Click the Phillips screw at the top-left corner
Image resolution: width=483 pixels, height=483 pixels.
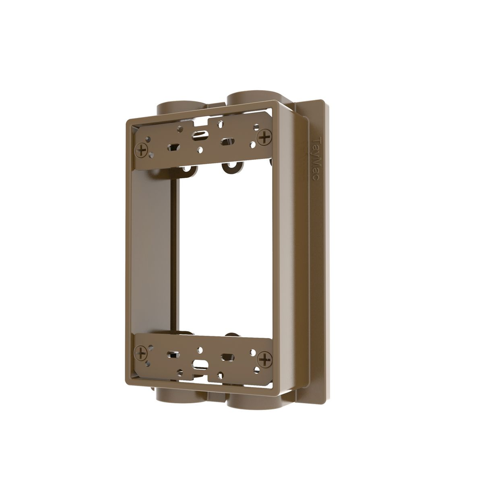(142, 151)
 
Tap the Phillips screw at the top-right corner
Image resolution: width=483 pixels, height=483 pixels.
(265, 138)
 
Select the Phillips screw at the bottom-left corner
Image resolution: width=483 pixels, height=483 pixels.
(141, 353)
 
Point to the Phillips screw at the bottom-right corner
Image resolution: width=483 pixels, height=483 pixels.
(265, 359)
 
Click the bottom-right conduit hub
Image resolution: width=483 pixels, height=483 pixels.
(253, 402)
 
